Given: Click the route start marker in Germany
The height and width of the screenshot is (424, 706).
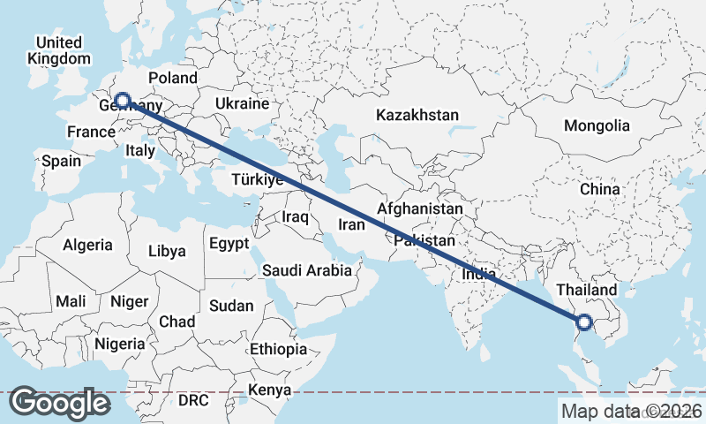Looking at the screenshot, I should tap(122, 102).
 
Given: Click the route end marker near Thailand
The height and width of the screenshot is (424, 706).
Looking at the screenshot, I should tap(583, 322).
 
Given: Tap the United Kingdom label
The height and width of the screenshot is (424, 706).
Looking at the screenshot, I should tap(58, 50).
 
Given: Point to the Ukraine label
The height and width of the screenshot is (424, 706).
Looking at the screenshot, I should tap(241, 104).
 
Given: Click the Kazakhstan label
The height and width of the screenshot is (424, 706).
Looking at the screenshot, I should tap(417, 115).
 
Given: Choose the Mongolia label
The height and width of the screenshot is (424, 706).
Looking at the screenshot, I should tap(597, 125).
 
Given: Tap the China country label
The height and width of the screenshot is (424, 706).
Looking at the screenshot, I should tap(600, 189).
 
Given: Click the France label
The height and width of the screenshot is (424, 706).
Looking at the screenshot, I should tap(91, 132).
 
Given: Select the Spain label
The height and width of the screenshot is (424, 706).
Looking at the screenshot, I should tap(61, 161).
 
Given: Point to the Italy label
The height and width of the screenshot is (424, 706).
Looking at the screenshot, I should tap(140, 151).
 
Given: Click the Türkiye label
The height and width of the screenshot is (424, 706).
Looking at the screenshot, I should tap(256, 180).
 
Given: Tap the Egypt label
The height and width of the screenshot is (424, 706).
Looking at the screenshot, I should tap(229, 243).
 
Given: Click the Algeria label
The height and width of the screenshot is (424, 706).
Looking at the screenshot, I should tap(87, 245).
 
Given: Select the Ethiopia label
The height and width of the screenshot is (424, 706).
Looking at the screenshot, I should tap(278, 349).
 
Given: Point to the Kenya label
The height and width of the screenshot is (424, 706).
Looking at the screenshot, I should tap(269, 390).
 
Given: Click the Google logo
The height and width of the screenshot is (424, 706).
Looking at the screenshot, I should tap(60, 403).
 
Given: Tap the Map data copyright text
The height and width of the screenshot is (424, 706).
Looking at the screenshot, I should tap(631, 411).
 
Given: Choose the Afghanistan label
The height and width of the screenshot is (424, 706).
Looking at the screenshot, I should tap(419, 209).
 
